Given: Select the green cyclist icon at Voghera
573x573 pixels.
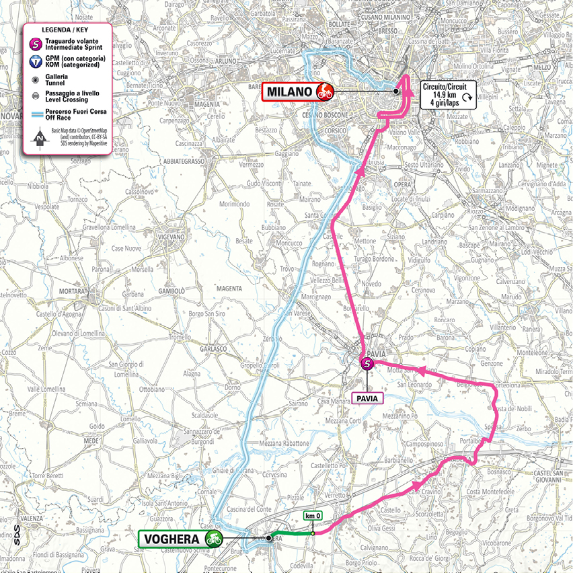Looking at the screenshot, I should [214, 538].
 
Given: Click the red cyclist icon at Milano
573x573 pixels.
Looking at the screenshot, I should [325, 91].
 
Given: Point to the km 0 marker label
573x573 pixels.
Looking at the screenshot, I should [313, 516].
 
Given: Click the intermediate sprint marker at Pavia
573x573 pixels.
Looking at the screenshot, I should [367, 364].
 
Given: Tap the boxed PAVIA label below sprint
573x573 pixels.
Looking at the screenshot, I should [367, 398].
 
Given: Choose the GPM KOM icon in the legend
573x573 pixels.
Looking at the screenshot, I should [36, 62].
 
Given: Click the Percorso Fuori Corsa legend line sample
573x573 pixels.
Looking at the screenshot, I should [36, 114].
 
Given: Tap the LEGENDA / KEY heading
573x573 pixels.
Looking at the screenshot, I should [66, 31].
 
